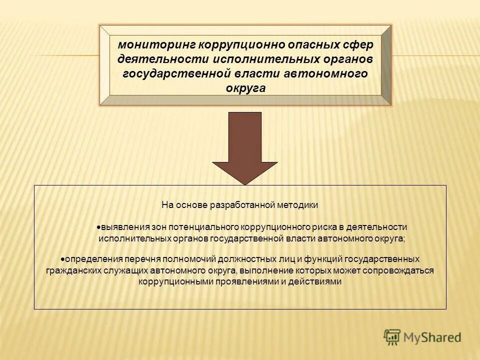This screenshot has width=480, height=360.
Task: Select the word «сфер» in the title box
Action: click(x=357, y=44)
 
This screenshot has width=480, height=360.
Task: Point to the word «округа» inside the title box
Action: click(x=245, y=88)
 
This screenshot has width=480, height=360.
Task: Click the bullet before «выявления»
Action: click(x=99, y=227)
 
